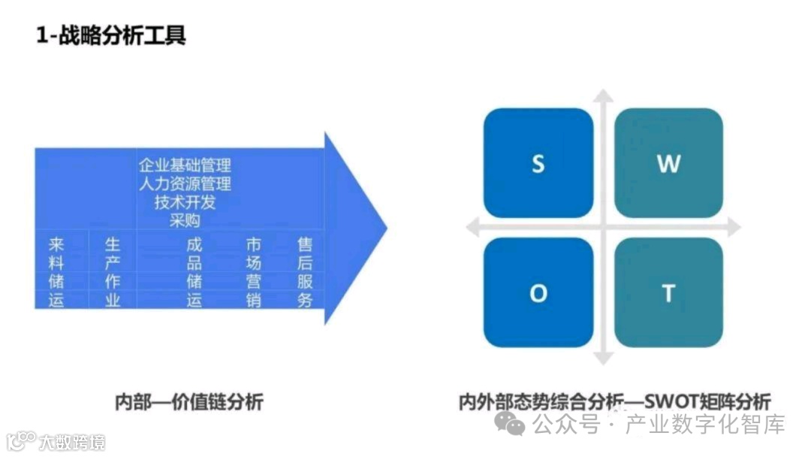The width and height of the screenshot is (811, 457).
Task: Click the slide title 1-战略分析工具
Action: point(110,35)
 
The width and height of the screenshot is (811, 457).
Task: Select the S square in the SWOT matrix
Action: point(538,163)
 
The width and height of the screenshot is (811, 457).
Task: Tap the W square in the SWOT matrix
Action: point(668,163)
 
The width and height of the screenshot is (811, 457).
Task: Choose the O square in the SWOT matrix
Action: point(538,292)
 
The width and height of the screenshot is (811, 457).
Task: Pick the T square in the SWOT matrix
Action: point(668,292)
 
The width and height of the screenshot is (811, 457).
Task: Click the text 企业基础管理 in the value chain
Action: point(185,165)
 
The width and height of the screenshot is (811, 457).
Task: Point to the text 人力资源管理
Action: point(185,183)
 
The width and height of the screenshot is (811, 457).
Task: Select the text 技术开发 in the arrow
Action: point(185,201)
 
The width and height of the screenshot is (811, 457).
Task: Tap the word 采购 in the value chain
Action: point(185,220)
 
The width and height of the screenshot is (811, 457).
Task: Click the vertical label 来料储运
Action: point(56,271)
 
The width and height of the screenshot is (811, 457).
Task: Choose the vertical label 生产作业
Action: point(112,271)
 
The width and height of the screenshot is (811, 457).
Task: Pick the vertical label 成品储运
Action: point(194,271)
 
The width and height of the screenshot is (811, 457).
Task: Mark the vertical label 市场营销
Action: point(254,271)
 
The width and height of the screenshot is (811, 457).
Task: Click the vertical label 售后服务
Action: point(305,271)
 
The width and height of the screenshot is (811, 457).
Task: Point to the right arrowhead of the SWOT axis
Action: point(733,227)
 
